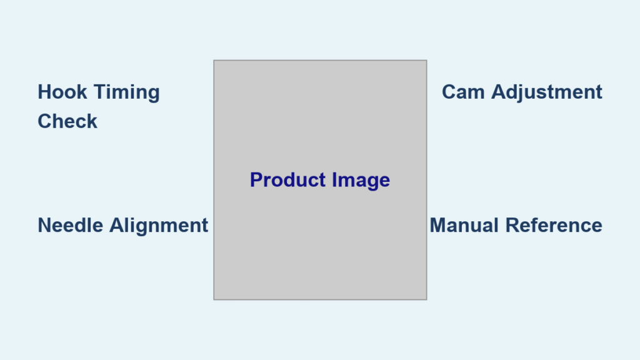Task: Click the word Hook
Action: (x=62, y=92)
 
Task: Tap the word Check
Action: (x=67, y=121)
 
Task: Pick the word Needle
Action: (x=70, y=225)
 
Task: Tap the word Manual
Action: (x=464, y=225)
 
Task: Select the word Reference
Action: (x=554, y=225)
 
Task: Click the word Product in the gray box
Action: (x=287, y=180)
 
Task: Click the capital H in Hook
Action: (x=44, y=92)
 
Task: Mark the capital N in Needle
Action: (x=44, y=225)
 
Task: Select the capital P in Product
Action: (x=256, y=180)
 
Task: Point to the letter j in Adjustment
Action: (x=521, y=94)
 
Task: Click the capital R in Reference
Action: (x=512, y=225)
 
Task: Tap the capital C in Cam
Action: (x=449, y=92)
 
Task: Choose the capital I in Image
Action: (x=334, y=180)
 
